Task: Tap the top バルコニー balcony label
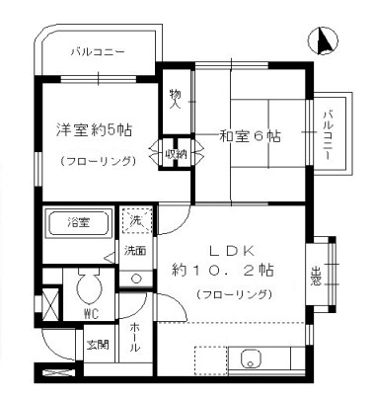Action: point(97,52)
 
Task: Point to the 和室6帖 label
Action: point(251,136)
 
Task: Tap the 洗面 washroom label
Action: point(135,250)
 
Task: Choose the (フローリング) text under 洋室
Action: point(96,160)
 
